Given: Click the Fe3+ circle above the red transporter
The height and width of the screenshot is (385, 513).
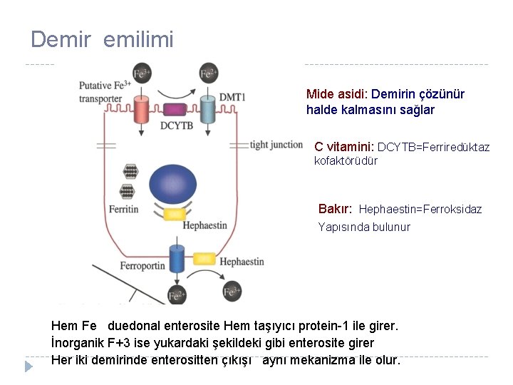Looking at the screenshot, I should (x=141, y=73).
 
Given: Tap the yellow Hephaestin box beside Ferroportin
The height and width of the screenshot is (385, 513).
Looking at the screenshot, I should (x=204, y=258).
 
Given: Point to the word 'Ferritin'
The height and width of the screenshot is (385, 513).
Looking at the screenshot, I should (x=123, y=210).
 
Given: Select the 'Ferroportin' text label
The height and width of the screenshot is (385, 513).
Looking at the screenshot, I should (x=142, y=267).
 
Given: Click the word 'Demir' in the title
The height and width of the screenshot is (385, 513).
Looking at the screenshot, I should (x=61, y=40).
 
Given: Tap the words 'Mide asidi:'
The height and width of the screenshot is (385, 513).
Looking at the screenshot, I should (x=337, y=94).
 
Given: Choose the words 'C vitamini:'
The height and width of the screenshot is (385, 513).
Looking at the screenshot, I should (x=344, y=146).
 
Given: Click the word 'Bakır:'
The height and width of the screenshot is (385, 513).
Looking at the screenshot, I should (x=335, y=209).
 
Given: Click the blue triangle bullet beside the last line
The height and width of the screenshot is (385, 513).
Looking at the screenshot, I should (x=28, y=366).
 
